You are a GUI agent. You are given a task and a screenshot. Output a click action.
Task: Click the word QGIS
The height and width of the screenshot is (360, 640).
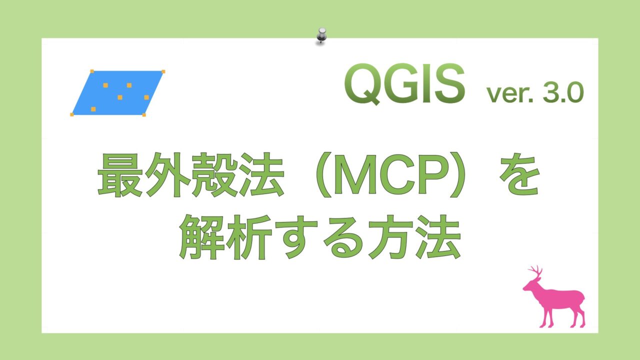pyautogui.click(x=404, y=84)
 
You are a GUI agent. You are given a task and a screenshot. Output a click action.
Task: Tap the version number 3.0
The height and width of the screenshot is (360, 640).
pyautogui.click(x=563, y=92)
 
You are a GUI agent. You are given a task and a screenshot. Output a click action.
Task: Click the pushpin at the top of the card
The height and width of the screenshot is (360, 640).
pyautogui.click(x=321, y=36)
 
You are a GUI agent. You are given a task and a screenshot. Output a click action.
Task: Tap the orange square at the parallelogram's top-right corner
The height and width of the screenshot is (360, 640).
pyautogui.click(x=163, y=71)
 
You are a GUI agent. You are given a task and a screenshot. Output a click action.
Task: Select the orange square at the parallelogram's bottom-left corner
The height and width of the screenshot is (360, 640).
pyautogui.click(x=72, y=114)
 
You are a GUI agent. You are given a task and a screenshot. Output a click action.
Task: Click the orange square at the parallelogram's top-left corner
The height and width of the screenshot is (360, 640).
pyautogui.click(x=92, y=71)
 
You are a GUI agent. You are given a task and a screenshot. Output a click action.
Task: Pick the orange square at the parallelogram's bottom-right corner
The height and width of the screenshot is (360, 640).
pyautogui.click(x=144, y=115)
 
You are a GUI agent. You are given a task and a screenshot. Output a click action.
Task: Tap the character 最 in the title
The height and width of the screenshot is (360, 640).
pyautogui.click(x=120, y=175)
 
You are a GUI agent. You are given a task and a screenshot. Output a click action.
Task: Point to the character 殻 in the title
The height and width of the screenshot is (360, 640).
pyautogui.click(x=214, y=175)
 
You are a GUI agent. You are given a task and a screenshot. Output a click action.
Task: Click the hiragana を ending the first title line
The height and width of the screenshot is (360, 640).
pyautogui.click(x=519, y=174)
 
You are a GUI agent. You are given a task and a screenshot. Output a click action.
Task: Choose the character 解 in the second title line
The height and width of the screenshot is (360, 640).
pyautogui.click(x=201, y=237)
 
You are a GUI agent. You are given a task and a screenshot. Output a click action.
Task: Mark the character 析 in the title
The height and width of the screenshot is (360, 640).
pyautogui.click(x=249, y=237)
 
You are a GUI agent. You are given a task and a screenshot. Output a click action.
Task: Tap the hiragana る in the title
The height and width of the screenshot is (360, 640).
pyautogui.click(x=343, y=237)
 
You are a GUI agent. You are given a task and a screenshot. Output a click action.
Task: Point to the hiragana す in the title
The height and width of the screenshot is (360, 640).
pyautogui.click(x=296, y=237)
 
